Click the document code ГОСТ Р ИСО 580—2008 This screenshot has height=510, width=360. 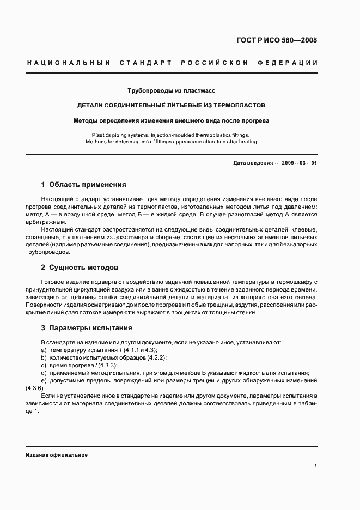(x=277, y=40)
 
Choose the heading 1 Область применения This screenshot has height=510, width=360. (x=84, y=185)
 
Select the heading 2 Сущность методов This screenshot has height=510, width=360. (x=80, y=268)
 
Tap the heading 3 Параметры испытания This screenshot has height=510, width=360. (x=86, y=328)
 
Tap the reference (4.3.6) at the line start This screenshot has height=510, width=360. (x=36, y=387)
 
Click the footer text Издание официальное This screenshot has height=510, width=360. (x=57, y=454)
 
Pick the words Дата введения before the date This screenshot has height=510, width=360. (x=251, y=163)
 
